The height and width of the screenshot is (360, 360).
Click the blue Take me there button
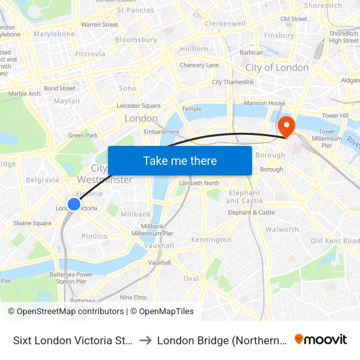pos(180,160)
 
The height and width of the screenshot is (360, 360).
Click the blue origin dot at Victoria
pos(74,204)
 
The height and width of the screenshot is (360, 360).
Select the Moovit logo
pos(321,339)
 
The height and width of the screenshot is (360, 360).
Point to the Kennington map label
pos(211,240)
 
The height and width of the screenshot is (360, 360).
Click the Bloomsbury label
pos(136,39)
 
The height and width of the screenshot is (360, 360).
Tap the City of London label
pos(277,67)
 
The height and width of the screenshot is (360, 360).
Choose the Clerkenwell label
pos(225,24)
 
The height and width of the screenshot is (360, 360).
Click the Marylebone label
pos(54,33)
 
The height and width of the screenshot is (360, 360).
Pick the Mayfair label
pos(67,101)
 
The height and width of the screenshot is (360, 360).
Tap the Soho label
pos(128,88)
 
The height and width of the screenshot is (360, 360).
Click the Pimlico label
pos(95,236)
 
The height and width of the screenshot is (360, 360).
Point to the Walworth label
pos(282,229)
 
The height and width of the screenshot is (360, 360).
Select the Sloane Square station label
pos(32,223)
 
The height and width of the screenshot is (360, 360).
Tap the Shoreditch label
pos(323,5)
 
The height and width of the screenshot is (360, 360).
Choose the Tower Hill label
pos(334,115)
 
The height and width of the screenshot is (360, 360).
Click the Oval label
pos(191,278)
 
